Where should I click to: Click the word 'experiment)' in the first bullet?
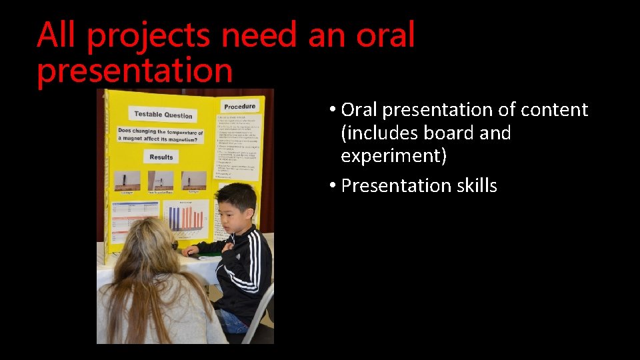pos(393,157)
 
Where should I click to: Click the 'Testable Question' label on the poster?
pos(163,115)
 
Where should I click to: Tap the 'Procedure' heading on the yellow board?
pos(239,106)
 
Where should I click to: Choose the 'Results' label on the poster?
pos(161,157)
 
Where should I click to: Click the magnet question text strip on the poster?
pos(160,135)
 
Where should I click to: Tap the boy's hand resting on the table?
pos(191,251)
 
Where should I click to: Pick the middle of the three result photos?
pos(160,181)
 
